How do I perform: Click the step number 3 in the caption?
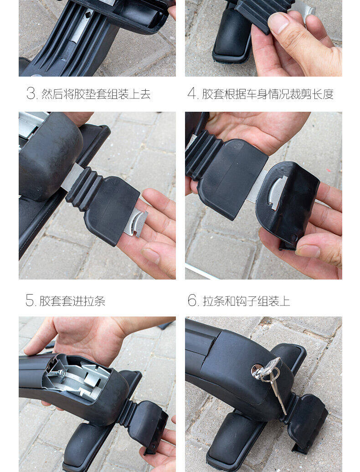tap(31, 93)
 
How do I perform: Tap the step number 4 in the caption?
tap(191, 93)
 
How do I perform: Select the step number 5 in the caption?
tap(30, 300)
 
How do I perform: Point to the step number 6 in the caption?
tap(192, 300)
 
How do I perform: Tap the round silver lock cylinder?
tap(257, 370)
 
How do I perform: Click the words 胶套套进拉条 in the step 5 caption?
tap(72, 301)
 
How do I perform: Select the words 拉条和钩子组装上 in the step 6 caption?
tap(247, 301)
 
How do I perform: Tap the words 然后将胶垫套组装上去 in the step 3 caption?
tap(96, 94)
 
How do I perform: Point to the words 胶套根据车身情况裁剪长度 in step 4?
tap(267, 94)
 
